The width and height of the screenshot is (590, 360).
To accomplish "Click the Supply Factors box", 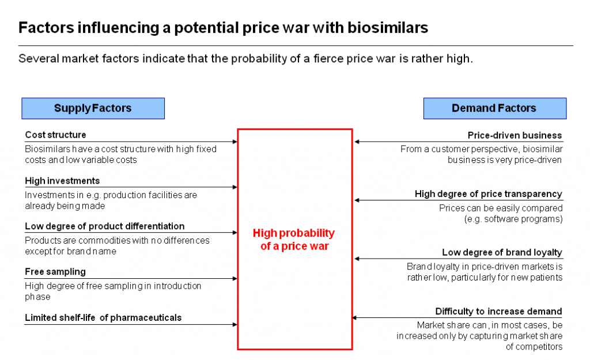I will pyautogui.click(x=93, y=108).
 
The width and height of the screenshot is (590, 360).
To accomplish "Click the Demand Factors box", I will pyautogui.click(x=494, y=108).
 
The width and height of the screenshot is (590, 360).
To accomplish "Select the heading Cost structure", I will pyautogui.click(x=55, y=135).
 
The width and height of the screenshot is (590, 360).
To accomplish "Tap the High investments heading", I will pyautogui.click(x=62, y=181).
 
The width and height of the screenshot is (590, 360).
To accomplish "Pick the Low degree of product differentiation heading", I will pyautogui.click(x=104, y=226).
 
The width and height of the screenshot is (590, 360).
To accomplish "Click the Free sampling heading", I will pyautogui.click(x=55, y=272).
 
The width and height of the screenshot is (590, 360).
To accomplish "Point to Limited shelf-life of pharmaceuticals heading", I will pyautogui.click(x=103, y=317).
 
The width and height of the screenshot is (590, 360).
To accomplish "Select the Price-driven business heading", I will pyautogui.click(x=515, y=136).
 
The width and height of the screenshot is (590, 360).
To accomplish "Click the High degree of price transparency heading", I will pyautogui.click(x=488, y=194).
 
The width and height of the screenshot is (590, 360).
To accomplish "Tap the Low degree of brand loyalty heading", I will pyautogui.click(x=502, y=253).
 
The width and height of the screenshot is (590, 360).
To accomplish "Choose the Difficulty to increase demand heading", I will pyautogui.click(x=498, y=312).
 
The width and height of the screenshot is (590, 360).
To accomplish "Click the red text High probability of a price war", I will pyautogui.click(x=294, y=240).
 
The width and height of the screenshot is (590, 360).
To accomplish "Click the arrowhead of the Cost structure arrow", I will pyautogui.click(x=235, y=141).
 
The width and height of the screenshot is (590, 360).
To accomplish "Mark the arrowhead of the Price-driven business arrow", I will pyautogui.click(x=357, y=142).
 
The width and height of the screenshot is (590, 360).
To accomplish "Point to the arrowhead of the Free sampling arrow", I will pyautogui.click(x=235, y=278).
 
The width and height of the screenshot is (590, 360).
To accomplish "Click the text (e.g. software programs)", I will pyautogui.click(x=513, y=219).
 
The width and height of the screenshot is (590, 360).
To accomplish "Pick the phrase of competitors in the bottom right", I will pyautogui.click(x=534, y=347).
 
